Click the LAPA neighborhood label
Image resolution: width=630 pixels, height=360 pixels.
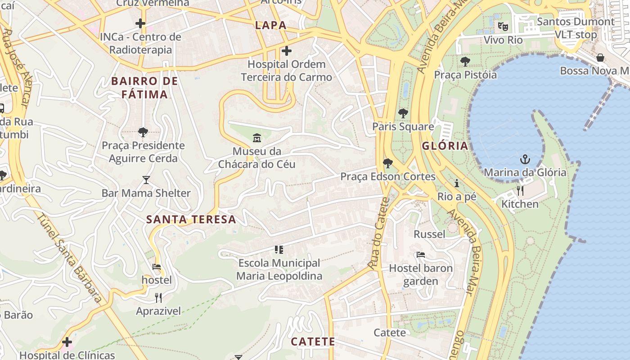tap(271, 25)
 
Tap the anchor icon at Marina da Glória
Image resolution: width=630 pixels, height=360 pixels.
tap(525, 159)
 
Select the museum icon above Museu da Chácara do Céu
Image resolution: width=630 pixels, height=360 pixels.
tap(257, 137)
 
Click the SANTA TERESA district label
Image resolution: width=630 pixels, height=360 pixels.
tap(191, 220)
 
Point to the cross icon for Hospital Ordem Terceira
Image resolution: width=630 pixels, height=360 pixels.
tap(286, 51)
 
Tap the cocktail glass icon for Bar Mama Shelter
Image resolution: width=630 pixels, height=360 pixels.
tap(146, 180)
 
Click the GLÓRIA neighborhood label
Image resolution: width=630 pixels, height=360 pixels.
tap(445, 146)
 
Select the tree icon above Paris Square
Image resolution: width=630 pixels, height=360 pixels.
tap(403, 113)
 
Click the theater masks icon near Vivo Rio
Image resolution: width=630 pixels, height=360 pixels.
tap(503, 27)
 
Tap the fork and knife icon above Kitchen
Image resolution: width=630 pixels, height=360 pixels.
tap(520, 191)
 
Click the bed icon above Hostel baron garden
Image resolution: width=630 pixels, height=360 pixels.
tap(421, 255)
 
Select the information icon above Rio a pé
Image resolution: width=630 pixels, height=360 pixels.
tap(457, 183)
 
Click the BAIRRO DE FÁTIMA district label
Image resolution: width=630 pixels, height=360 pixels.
tap(144, 88)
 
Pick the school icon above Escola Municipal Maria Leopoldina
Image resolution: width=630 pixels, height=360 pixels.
tap(279, 249)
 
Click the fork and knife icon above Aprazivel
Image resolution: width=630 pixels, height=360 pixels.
tap(158, 298)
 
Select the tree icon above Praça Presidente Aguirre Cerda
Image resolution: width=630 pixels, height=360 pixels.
tap(143, 132)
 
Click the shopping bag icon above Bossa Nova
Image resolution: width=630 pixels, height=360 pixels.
tap(600, 58)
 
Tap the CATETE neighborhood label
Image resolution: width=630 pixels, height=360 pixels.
tap(313, 342)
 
